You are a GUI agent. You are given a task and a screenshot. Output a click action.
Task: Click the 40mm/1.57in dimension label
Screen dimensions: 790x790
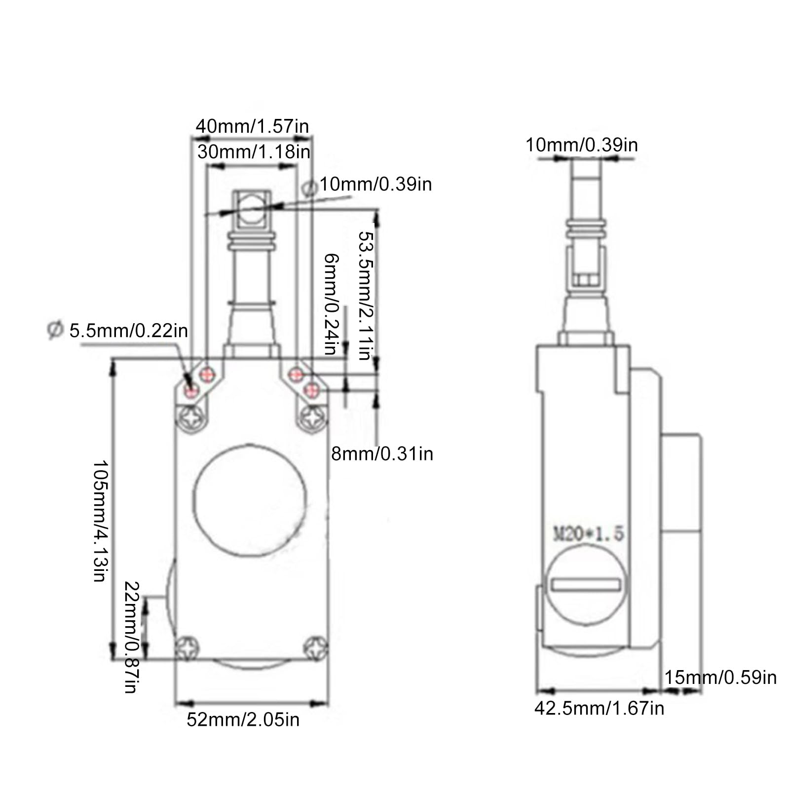[x=252, y=126]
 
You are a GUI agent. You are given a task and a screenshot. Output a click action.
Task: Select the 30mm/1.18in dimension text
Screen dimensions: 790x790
[x=254, y=151]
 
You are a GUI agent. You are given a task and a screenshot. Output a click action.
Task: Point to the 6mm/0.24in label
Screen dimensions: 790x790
[x=331, y=304]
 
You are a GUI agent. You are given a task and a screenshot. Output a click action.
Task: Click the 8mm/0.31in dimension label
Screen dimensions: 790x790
[x=382, y=453]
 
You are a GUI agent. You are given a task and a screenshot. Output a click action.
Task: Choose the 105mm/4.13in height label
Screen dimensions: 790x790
[x=101, y=521]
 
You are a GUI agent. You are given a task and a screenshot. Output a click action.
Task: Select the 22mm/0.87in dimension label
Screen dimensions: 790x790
[x=131, y=637]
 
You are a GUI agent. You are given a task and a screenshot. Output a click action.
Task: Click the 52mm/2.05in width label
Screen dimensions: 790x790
[x=243, y=719]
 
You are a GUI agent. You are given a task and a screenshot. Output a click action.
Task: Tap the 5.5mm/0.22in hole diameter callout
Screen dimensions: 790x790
[x=117, y=330]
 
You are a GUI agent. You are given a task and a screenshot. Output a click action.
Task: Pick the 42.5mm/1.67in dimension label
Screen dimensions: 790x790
[x=599, y=708]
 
